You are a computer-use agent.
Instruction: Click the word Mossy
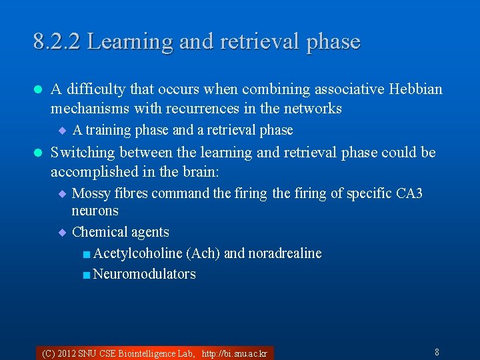91,193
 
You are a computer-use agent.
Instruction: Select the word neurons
95,211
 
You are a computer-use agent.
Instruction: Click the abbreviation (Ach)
203,253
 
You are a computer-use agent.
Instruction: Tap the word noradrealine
285,253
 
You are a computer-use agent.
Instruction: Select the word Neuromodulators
145,274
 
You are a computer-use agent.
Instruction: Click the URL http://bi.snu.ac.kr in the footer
234,353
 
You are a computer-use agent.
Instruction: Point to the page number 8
437,352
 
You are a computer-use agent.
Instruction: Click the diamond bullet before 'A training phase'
62,130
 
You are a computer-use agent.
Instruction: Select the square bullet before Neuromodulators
87,275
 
